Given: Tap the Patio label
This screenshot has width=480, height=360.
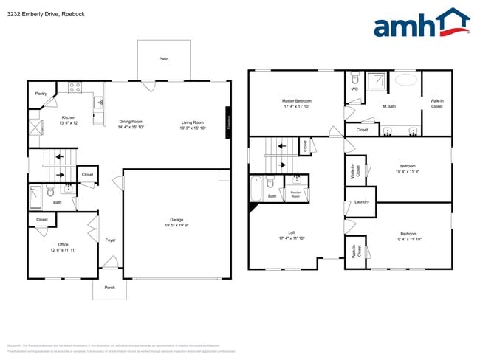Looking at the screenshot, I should point(163,58).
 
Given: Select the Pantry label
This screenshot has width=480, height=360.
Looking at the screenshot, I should point(41,94).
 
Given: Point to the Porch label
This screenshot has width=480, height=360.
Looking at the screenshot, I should point(109,288).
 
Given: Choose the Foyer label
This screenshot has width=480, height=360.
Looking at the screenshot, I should point(110,240).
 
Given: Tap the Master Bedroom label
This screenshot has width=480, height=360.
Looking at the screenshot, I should point(296,103).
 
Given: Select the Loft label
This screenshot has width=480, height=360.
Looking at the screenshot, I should point(291,235).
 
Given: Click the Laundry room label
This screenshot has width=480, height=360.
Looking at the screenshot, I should point(361,201).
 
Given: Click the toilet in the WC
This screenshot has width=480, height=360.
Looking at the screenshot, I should point(354,78).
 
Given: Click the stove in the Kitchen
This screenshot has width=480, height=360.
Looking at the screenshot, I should point(75,88).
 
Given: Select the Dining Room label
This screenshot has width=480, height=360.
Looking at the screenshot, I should point(131,124).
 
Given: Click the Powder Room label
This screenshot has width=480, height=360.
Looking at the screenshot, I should point(295,194).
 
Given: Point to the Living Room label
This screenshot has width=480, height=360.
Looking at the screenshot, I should point(193,124).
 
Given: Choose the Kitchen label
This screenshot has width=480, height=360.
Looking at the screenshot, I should point(68,120).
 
